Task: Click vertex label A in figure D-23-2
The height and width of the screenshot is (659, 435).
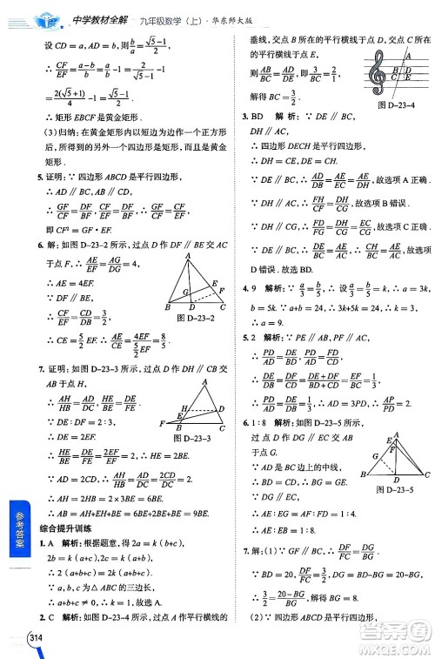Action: click(187, 259)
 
